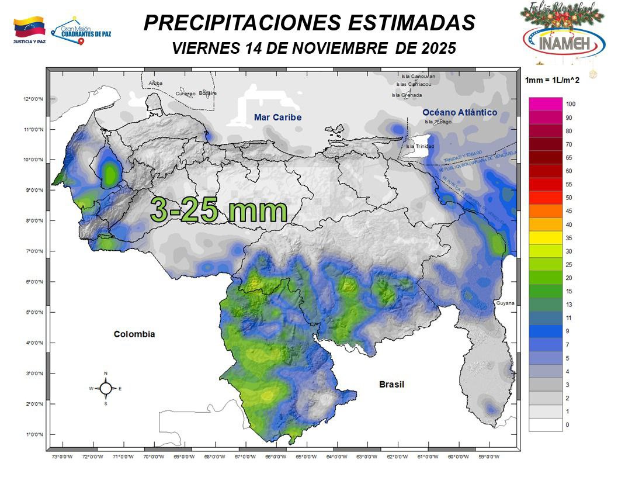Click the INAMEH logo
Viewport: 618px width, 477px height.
click(x=555, y=40)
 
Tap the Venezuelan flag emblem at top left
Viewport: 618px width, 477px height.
click(x=29, y=27)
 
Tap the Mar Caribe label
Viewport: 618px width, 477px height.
click(x=277, y=117)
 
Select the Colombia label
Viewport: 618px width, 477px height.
click(x=134, y=334)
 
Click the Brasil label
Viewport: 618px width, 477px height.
click(x=391, y=384)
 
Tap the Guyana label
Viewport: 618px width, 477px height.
click(x=505, y=303)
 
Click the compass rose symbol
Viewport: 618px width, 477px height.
click(x=106, y=388)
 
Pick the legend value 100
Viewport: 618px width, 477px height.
click(x=571, y=104)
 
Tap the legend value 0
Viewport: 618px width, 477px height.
click(x=568, y=425)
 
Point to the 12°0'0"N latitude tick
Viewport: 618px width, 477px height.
click(x=33, y=99)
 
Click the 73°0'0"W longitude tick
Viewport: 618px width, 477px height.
click(x=62, y=457)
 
